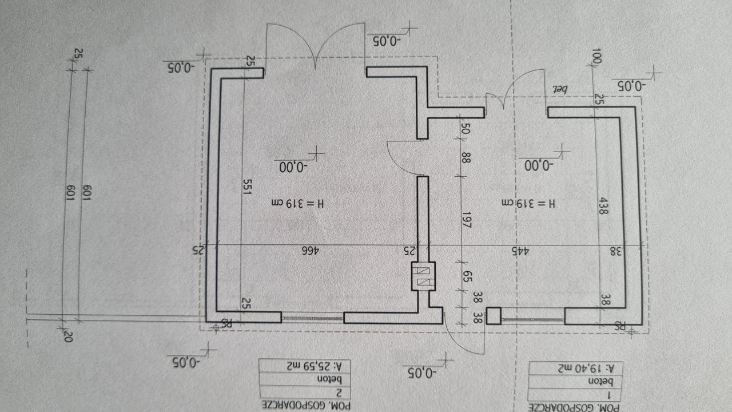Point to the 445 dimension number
[519, 251]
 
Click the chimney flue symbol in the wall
[424, 276]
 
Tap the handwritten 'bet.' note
[558, 89]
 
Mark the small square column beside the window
[493, 316]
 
